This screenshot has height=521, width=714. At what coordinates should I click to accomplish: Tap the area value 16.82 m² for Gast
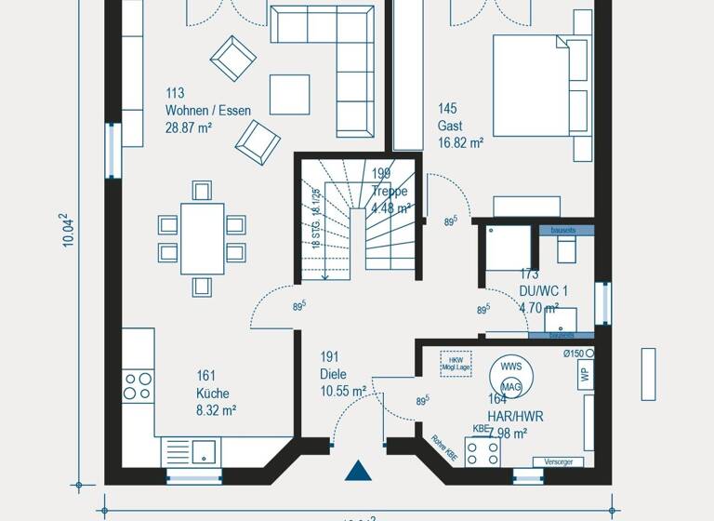pyautogui.click(x=460, y=143)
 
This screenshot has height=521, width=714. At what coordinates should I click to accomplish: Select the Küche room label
pyautogui.click(x=212, y=393)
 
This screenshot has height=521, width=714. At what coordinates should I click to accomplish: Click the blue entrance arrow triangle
pyautogui.click(x=358, y=471)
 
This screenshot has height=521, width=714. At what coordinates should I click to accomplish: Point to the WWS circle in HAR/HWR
pyautogui.click(x=509, y=367)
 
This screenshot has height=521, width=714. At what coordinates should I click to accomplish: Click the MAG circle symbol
pyautogui.click(x=510, y=386)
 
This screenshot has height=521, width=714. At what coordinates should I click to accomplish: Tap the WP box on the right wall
pyautogui.click(x=585, y=374)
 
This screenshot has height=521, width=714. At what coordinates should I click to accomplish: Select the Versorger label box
pyautogui.click(x=558, y=461)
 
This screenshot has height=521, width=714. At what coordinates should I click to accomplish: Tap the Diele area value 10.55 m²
pyautogui.click(x=342, y=392)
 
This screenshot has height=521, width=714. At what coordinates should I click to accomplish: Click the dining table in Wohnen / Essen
pyautogui.click(x=202, y=238)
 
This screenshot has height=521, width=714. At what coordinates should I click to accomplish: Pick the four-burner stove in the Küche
pyautogui.click(x=139, y=386)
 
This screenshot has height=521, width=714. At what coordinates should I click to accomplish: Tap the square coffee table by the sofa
pyautogui.click(x=289, y=94)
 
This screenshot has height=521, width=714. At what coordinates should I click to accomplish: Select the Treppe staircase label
pyautogui.click(x=390, y=192)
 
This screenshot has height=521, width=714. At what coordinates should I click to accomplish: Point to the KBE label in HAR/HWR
pyautogui.click(x=481, y=429)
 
